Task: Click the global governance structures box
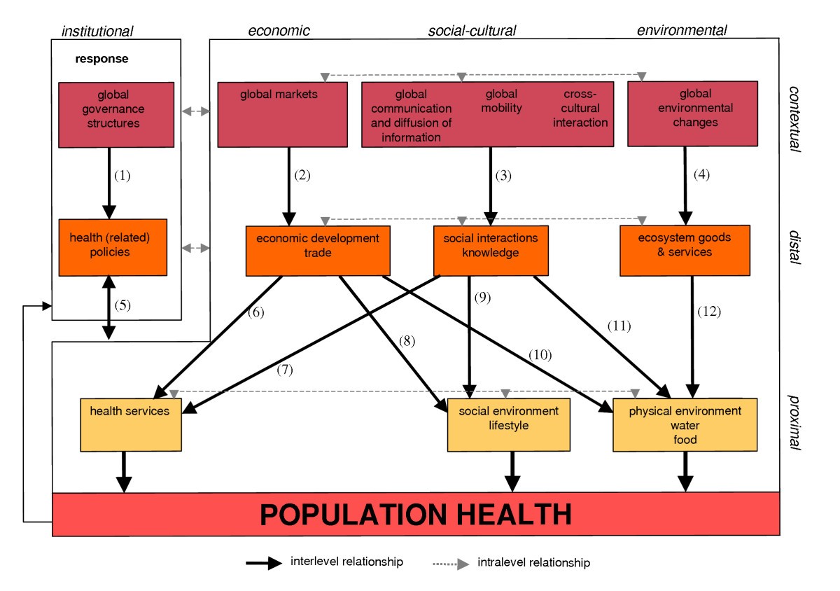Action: pyautogui.click(x=115, y=114)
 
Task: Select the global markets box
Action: pyautogui.click(x=282, y=114)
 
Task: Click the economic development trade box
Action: pyautogui.click(x=317, y=251)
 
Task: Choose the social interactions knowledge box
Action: pyautogui.click(x=490, y=251)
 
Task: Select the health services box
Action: pyautogui.click(x=131, y=424)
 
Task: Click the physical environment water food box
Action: pyautogui.click(x=684, y=425)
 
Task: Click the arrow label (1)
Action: pyautogui.click(x=122, y=176)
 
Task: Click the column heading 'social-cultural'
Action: pyautogui.click(x=472, y=30)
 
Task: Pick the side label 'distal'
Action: pyautogui.click(x=795, y=246)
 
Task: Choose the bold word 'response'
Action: pyautogui.click(x=102, y=59)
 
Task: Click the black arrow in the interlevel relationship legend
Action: pyautogui.click(x=265, y=562)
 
